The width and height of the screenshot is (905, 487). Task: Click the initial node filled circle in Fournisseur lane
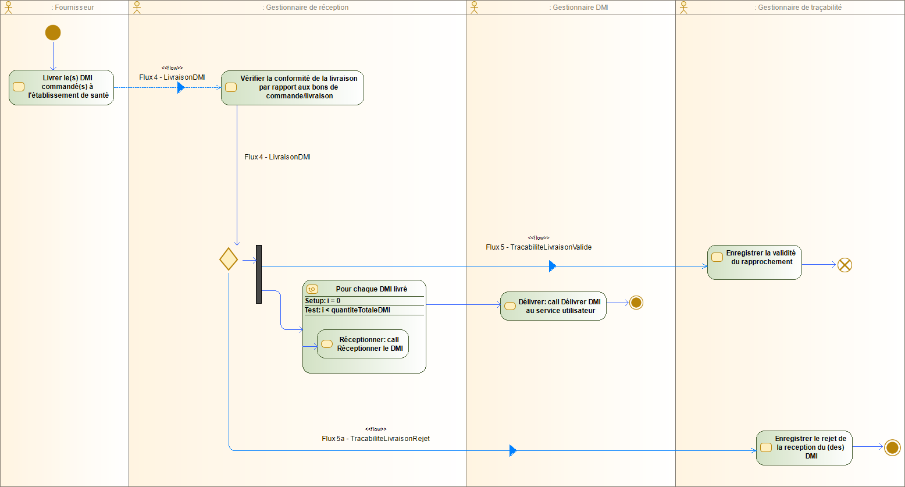click(53, 33)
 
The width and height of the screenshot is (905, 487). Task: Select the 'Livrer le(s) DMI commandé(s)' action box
click(61, 87)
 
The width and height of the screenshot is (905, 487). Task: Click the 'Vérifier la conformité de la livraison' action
click(292, 87)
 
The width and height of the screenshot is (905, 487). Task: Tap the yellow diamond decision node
click(229, 258)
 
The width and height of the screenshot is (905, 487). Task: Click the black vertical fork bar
click(259, 274)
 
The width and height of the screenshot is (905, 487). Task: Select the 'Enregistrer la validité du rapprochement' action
click(754, 262)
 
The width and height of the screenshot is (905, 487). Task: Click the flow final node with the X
click(845, 265)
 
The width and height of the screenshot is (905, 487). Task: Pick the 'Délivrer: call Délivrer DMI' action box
click(553, 306)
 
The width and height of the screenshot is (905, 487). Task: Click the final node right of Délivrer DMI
click(636, 303)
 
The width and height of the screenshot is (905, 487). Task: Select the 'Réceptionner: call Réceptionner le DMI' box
click(362, 344)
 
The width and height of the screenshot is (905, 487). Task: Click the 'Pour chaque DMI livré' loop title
click(371, 289)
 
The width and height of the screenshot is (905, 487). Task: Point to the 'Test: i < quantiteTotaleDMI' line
click(347, 310)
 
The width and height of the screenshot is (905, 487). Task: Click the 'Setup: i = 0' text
click(323, 301)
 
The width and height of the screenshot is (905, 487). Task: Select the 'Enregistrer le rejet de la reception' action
click(804, 447)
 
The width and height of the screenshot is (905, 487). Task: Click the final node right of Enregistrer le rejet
click(892, 447)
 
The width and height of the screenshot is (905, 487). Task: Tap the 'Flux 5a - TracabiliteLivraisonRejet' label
click(376, 438)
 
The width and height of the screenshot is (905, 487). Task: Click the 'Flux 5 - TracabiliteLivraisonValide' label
click(539, 247)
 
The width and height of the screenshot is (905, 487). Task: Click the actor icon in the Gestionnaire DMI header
click(474, 8)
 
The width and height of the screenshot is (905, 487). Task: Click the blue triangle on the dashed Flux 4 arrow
click(180, 88)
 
